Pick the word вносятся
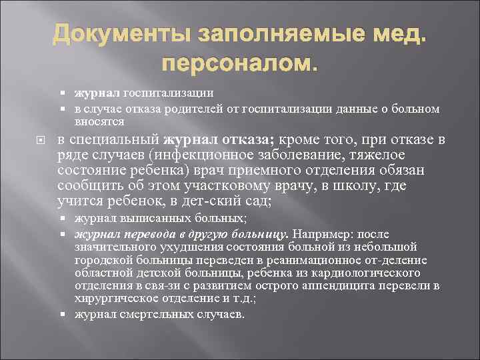click(97, 122)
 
